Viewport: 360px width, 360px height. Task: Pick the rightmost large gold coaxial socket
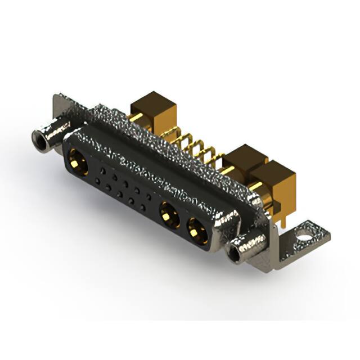196,231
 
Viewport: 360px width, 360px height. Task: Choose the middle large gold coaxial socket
168,214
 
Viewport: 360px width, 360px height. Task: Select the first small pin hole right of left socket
102,168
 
